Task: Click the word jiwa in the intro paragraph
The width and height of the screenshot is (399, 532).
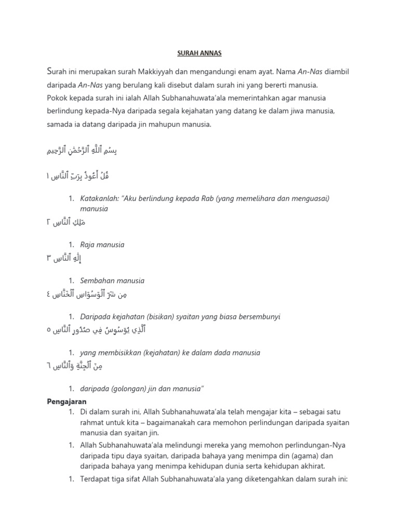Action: (311, 111)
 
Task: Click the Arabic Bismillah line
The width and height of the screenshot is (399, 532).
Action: (83, 151)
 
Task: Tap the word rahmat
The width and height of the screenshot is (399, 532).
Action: (92, 422)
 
